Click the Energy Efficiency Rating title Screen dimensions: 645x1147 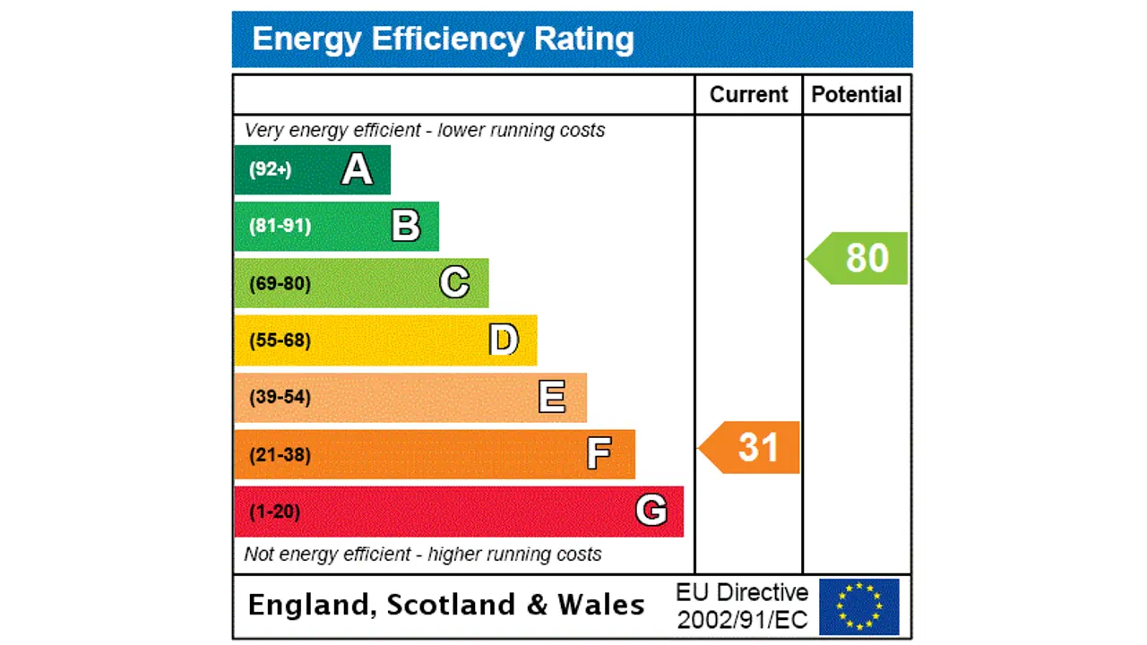443,39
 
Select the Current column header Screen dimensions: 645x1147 748,95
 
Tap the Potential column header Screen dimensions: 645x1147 856,95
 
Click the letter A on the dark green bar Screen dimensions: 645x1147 357,169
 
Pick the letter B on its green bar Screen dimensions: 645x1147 406,226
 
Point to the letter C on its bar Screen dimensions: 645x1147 454,283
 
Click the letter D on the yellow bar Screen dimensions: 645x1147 504,340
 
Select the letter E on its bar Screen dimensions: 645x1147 552,397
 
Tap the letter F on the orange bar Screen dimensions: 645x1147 599,454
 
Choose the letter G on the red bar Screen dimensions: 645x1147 651,512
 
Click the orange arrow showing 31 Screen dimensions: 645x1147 751,447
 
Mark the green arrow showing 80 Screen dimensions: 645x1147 859,258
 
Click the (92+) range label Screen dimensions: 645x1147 271,169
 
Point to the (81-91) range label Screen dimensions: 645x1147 280,226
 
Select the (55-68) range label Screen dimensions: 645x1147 280,340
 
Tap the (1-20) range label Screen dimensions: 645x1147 274,512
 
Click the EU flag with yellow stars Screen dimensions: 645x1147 858,606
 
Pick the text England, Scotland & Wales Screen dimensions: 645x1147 445,605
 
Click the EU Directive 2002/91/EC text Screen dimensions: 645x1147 742,606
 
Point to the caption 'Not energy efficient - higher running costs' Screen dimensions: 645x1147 423,555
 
